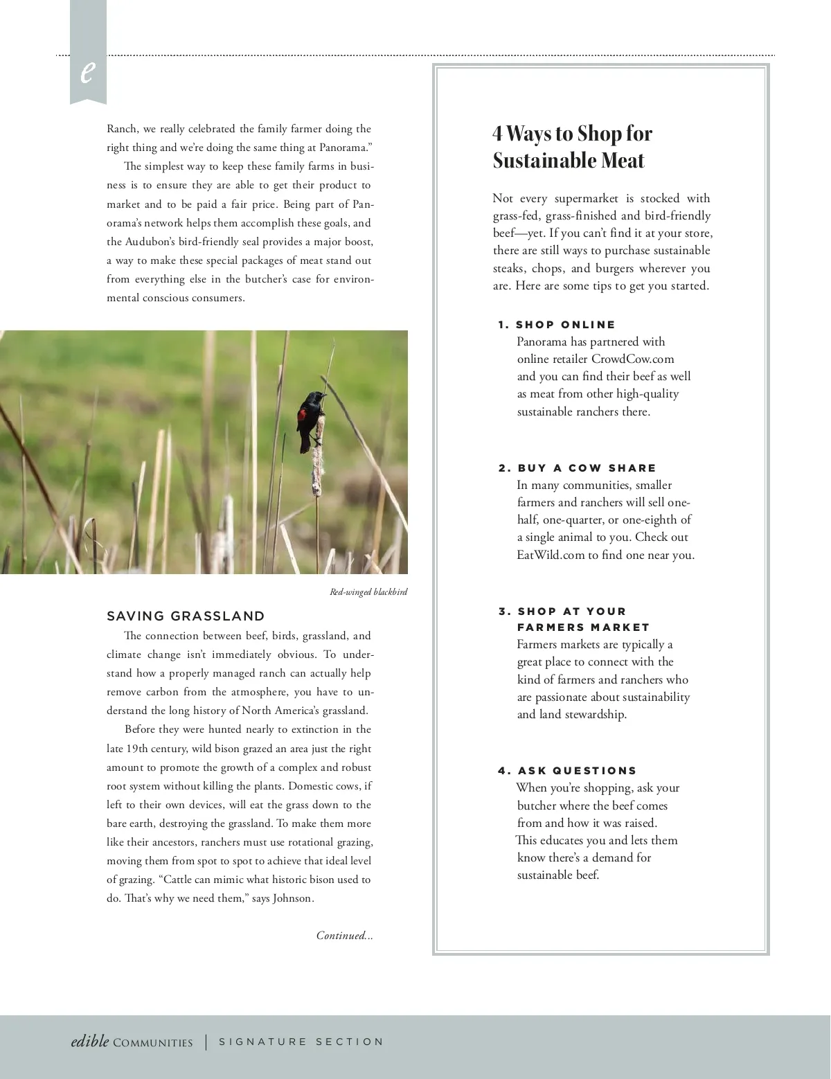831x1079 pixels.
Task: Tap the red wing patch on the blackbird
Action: tap(303, 416)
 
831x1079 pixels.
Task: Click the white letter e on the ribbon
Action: tap(87, 71)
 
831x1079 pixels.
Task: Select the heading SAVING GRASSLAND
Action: tap(186, 616)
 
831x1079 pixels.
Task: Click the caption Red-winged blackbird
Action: tap(368, 592)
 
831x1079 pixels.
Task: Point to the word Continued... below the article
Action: tap(344, 936)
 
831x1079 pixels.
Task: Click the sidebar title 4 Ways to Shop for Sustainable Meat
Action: tap(572, 146)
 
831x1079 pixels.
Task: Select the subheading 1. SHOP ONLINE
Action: tap(557, 325)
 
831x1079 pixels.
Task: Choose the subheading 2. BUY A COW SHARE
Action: tap(578, 468)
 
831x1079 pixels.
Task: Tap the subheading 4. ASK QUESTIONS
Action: tap(568, 771)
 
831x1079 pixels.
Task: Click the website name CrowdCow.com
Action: tap(632, 359)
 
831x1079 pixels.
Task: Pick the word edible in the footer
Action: tap(90, 1041)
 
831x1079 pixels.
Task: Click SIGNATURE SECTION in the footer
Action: tap(301, 1042)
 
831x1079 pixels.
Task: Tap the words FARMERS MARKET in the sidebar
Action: tap(583, 627)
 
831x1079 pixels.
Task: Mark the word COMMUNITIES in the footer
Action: tap(153, 1043)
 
